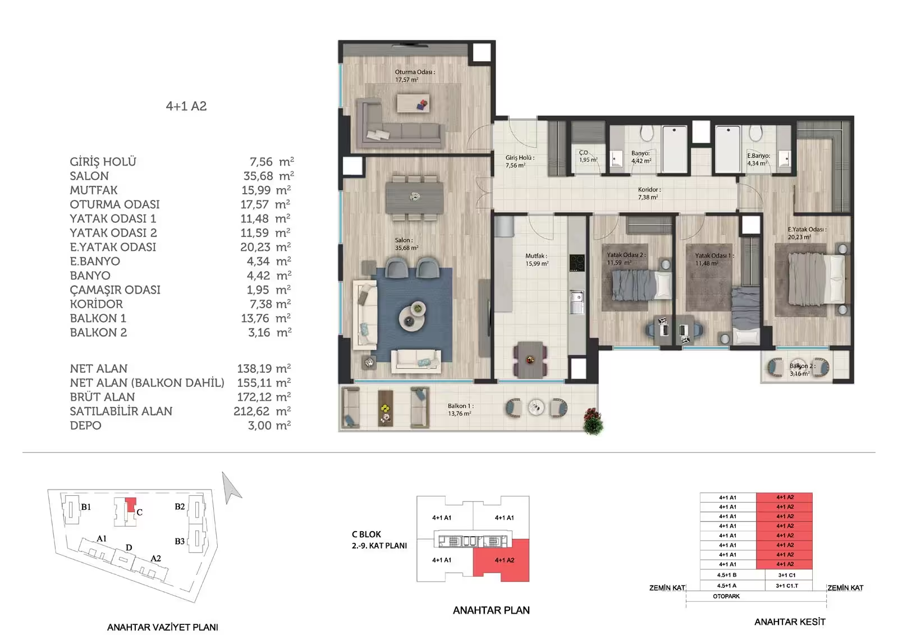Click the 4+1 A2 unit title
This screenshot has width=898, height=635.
coord(186,106)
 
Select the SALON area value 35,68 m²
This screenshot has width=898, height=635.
coord(269,176)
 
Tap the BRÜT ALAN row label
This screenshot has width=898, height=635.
coord(102,397)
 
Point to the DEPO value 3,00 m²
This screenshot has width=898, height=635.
coord(269,425)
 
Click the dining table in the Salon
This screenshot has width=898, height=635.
coord(415,198)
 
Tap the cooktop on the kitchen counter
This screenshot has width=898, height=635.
coord(577,263)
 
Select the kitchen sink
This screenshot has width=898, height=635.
coord(577,301)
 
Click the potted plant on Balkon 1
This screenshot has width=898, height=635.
coord(593,421)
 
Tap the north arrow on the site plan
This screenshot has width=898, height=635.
coord(231,487)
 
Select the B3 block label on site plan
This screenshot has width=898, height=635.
coord(180,541)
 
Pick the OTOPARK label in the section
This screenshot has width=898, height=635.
coord(726,596)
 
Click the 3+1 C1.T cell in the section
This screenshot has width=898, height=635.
coord(787,586)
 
